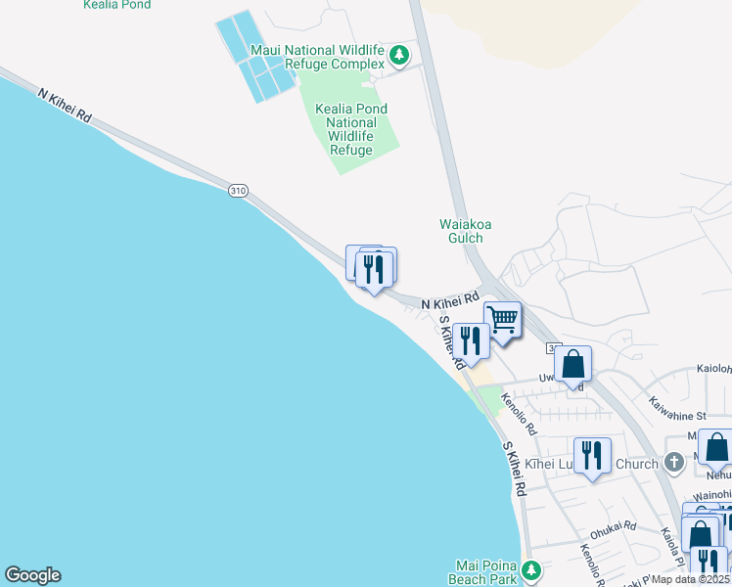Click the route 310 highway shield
click(x=238, y=190)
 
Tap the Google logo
click(x=32, y=575)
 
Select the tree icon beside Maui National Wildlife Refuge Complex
click(x=399, y=55)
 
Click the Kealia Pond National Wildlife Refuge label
click(x=350, y=129)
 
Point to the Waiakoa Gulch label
click(x=465, y=231)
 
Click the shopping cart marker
click(x=503, y=319)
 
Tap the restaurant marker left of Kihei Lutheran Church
click(x=592, y=456)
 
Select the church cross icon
click(x=673, y=462)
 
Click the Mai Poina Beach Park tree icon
click(x=531, y=569)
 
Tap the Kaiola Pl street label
click(x=671, y=548)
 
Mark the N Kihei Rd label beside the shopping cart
click(x=450, y=301)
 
